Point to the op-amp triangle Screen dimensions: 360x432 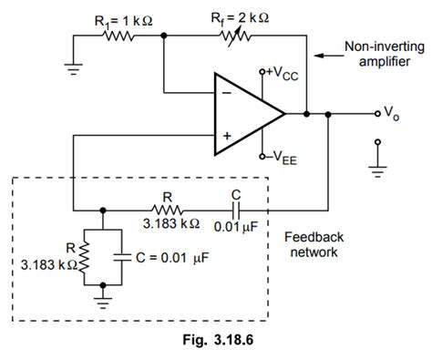click(x=246, y=114)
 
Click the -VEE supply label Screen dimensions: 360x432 click(x=283, y=157)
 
